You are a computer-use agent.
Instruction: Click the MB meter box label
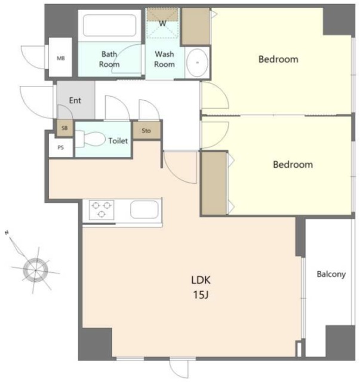click(61, 58)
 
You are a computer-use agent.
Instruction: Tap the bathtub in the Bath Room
click(109, 25)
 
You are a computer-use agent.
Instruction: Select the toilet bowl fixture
click(90, 139)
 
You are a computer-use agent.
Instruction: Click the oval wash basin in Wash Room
click(197, 62)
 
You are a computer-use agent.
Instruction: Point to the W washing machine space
click(162, 23)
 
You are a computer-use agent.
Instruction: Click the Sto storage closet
click(147, 130)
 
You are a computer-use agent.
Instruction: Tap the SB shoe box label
click(64, 128)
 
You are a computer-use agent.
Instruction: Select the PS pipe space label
click(61, 147)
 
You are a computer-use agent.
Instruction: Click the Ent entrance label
click(75, 100)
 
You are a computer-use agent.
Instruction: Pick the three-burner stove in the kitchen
click(101, 210)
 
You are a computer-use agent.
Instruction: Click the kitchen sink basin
click(144, 210)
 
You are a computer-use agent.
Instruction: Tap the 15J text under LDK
click(201, 295)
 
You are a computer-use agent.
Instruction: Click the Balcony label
click(331, 274)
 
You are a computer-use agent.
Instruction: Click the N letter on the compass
click(7, 233)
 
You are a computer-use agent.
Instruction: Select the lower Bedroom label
click(293, 165)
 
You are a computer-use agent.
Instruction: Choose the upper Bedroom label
click(278, 59)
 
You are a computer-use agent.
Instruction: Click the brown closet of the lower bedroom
click(214, 183)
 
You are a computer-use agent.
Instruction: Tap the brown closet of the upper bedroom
click(196, 26)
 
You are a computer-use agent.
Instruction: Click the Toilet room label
click(118, 141)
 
